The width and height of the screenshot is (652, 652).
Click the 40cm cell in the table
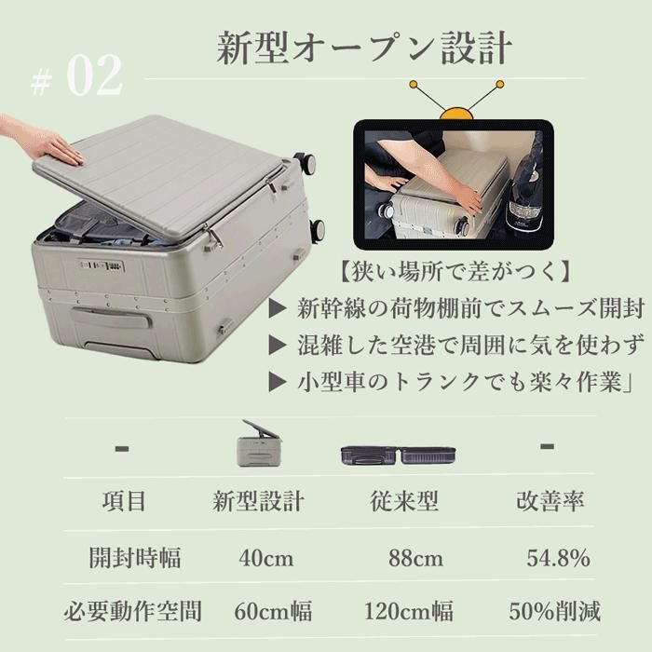coord(265,559)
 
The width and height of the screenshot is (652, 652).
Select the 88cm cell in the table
coord(415,559)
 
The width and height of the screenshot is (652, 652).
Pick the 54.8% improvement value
coord(558,559)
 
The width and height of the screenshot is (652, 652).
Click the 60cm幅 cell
coord(273,612)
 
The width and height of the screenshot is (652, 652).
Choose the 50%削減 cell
coord(555,612)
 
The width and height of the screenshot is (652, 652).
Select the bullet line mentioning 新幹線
coord(467,309)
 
